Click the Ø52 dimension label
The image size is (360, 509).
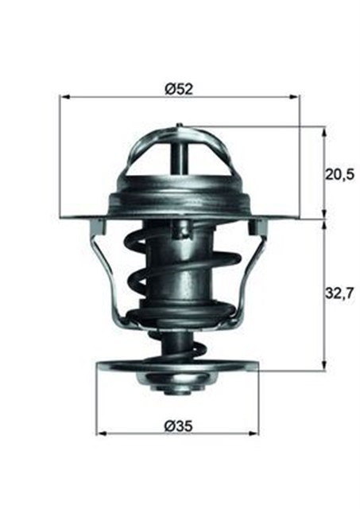coord(180,90)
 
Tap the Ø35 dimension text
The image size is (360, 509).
coord(178,425)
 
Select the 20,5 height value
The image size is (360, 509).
coord(339,173)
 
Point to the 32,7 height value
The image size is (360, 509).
coord(339,293)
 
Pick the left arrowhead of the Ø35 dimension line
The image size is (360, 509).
coord(101,433)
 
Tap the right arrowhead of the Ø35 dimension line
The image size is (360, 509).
coord(257,433)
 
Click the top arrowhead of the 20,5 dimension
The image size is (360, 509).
coord(324,130)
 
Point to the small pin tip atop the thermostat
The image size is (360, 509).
coord(180,125)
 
